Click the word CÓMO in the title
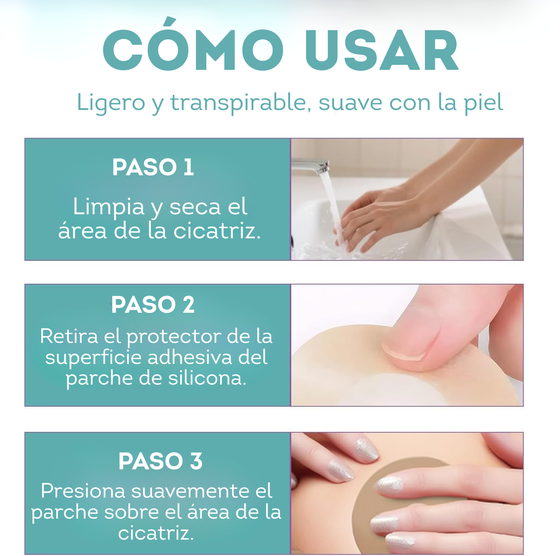[x=193, y=50]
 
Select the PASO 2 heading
[x=153, y=305]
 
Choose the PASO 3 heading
[x=160, y=461]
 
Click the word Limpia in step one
[x=108, y=207]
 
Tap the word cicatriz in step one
[x=217, y=231]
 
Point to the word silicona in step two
[x=207, y=378]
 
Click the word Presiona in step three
[x=83, y=491]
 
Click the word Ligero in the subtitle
[x=111, y=103]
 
